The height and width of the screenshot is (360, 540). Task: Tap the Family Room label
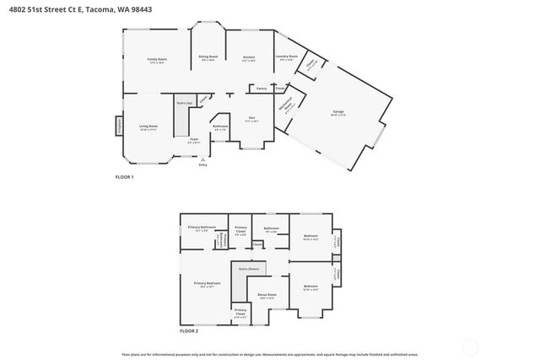point(157,61)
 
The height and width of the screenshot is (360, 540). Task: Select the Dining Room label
point(208,58)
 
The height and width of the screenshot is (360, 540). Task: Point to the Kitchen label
point(249,58)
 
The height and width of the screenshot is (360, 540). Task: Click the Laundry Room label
point(285,58)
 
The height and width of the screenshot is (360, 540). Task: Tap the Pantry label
point(261,88)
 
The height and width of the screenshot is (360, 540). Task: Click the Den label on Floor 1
point(251,118)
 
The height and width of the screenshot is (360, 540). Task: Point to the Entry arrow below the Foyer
point(202,160)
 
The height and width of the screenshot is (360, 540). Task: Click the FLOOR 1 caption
point(124,177)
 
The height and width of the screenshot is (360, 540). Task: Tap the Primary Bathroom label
point(202,228)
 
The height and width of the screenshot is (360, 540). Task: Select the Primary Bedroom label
point(207,284)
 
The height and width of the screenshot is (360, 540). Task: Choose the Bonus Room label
point(267,297)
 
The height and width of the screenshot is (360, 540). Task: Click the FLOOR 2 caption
point(189,331)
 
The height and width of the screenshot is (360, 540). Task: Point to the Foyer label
point(194,140)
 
